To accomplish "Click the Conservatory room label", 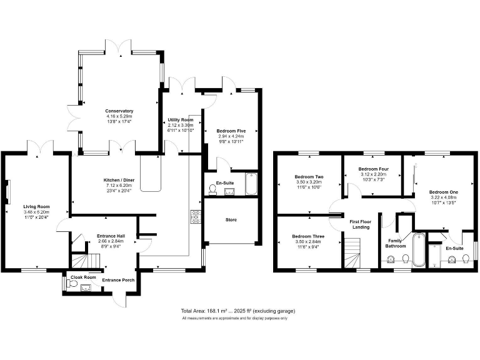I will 119,111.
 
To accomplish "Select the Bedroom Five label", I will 231,130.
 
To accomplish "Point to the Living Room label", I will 37,206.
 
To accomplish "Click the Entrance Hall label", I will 111,236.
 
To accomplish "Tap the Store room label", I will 231,219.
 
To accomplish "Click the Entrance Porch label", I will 119,279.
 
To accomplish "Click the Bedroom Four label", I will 374,169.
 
